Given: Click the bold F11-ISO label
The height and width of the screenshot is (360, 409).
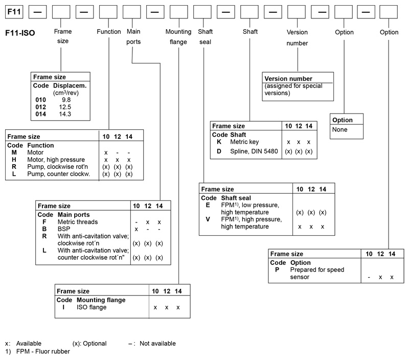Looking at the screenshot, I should tap(19, 34).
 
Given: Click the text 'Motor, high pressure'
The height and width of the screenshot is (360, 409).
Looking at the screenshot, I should tap(55, 160).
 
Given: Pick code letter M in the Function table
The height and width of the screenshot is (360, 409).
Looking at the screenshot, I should tap(14, 153).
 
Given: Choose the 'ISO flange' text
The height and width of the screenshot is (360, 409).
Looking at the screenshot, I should tap(91, 307).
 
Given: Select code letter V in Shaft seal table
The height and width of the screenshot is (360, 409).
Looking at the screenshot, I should tap(208, 219).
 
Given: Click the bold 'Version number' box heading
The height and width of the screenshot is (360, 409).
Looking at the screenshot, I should tap(288, 79).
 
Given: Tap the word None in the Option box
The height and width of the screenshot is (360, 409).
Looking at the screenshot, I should tap(340, 129).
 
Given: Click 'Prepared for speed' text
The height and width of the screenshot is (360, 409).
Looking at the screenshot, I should tap(317, 269).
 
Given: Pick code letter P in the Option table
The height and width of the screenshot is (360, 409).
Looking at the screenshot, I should tap(277, 269).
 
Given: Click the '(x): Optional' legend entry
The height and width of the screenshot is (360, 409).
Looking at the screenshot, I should tap(89, 344).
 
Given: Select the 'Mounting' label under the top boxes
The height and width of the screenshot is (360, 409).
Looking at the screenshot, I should tap(178, 32).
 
